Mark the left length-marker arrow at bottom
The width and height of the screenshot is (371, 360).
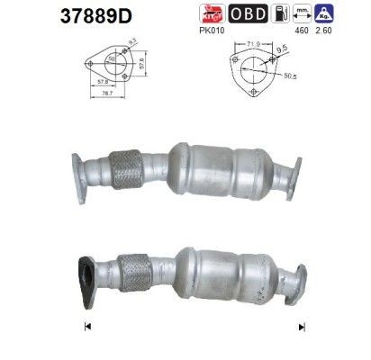tap(87, 325)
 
